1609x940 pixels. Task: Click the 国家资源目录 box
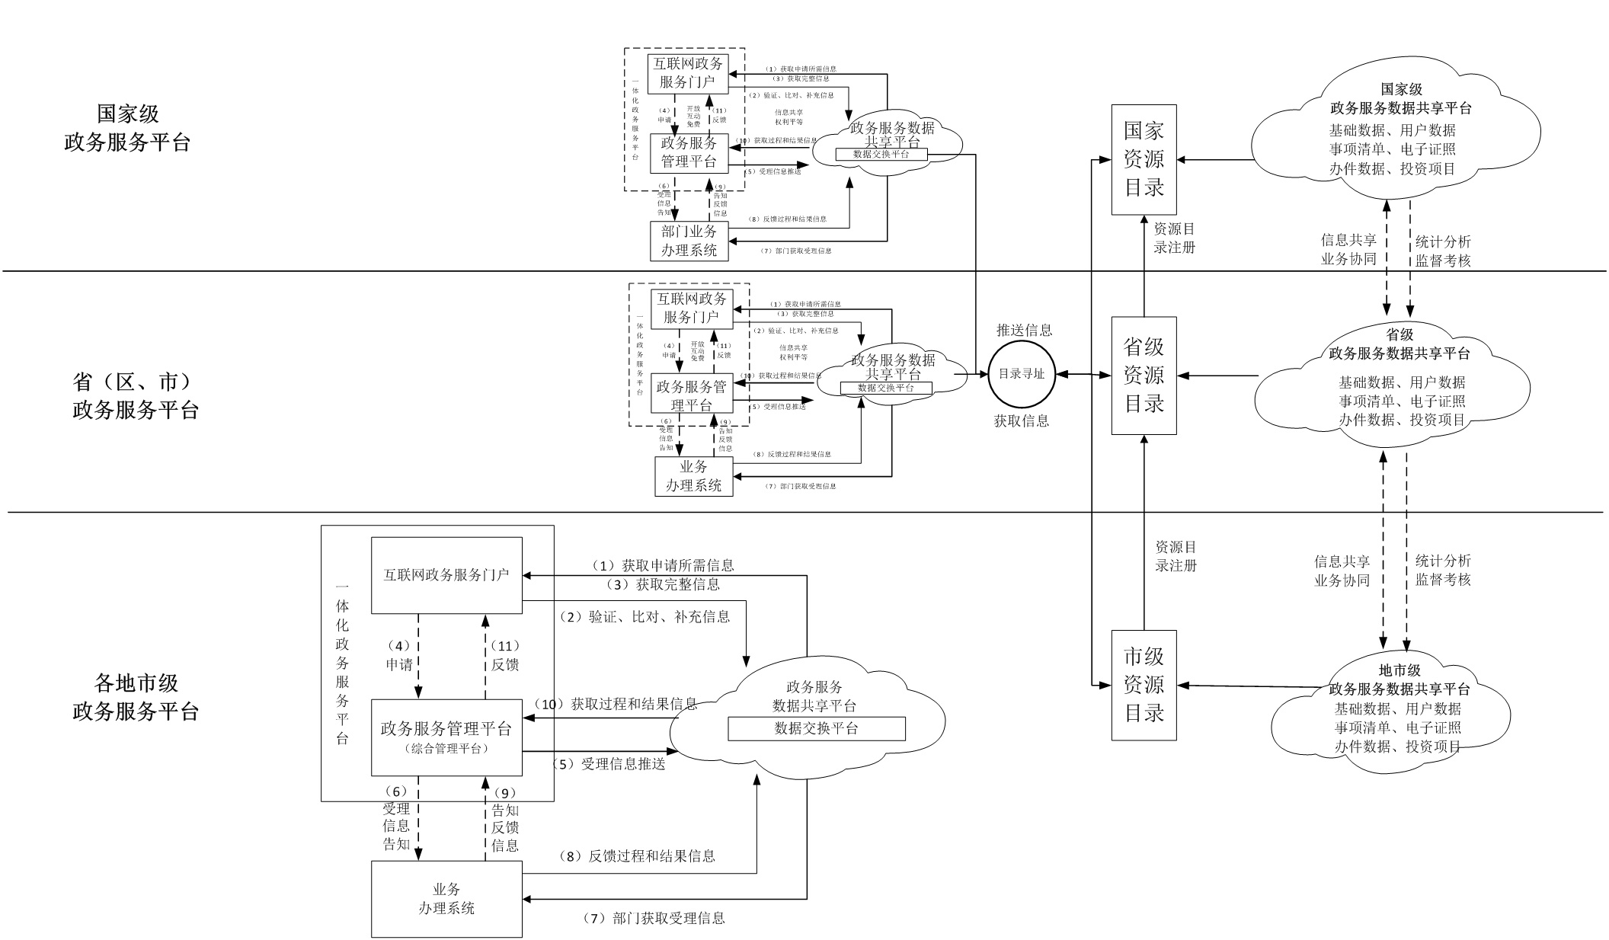[x=1144, y=160]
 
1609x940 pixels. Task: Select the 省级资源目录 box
[x=1144, y=376]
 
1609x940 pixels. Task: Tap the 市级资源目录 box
[x=1144, y=685]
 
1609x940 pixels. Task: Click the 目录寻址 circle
[x=1022, y=374]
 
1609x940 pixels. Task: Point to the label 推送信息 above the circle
[x=1025, y=331]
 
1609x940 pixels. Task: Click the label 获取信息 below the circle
[x=1022, y=421]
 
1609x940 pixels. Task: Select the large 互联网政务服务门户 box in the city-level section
[x=446, y=575]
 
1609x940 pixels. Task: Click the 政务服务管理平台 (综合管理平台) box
[x=446, y=737]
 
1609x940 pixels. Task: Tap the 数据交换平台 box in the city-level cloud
[x=817, y=728]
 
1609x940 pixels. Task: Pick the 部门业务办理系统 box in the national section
[x=689, y=241]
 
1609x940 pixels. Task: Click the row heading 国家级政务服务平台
[x=128, y=128]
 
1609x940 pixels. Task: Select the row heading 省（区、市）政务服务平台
[x=136, y=395]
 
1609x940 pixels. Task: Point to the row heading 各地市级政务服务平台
[x=136, y=696]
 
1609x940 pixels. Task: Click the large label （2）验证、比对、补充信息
[x=645, y=617]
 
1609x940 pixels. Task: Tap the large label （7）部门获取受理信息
[x=654, y=919]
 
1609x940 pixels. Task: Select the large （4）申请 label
[x=399, y=655]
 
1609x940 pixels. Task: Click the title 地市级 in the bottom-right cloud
[x=1399, y=670]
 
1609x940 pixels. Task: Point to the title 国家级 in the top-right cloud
[x=1401, y=90]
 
